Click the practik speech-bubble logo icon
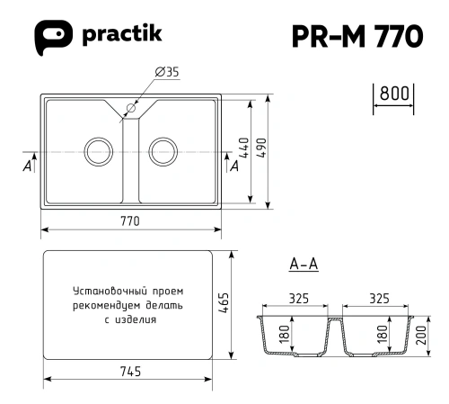53,37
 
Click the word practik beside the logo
122,34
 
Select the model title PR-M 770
357,36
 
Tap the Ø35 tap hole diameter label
167,72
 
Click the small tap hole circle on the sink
131,108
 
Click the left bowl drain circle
99,151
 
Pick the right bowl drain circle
163,151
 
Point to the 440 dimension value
244,148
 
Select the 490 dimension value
261,148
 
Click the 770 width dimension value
130,221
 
